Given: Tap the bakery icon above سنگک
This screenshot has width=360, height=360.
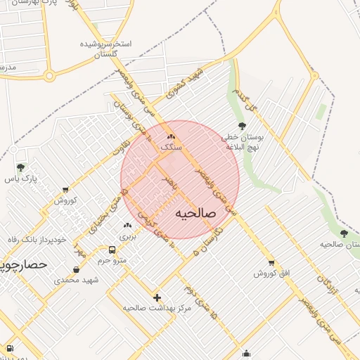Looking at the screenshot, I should pos(171,136).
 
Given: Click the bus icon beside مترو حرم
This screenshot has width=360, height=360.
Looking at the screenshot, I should pos(112,250).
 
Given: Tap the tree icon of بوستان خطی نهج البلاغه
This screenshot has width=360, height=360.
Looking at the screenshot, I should pos(243,126).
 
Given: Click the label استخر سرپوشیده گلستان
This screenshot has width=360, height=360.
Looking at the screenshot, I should pos(105,49).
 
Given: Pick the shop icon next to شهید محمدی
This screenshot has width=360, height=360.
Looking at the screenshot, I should pos(76,269).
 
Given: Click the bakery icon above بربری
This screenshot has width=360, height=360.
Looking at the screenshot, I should pos(127,226).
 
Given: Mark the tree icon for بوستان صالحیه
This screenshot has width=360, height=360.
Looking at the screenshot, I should pos(344,233).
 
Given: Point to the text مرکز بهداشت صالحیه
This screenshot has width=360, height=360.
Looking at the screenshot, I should pos(157,308).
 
